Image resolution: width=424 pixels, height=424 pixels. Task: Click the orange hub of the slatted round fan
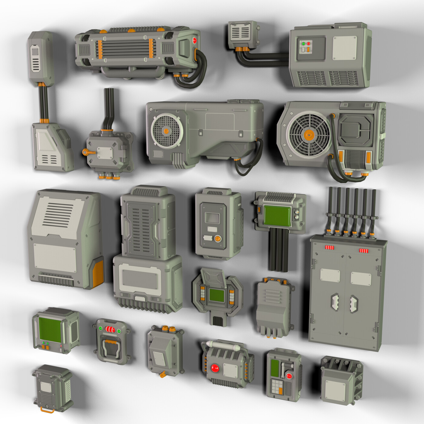(309, 135)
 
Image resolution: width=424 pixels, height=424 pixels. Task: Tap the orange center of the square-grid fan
(166, 131)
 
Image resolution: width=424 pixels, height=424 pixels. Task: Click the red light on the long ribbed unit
(195, 41)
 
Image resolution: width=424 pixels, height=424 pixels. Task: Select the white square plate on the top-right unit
(344, 48)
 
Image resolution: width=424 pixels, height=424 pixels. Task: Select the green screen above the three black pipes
(277, 215)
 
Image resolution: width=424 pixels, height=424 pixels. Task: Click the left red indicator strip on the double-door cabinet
(330, 248)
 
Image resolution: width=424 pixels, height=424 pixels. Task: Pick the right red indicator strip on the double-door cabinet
(364, 250)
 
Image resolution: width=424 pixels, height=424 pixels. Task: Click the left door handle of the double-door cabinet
(335, 301)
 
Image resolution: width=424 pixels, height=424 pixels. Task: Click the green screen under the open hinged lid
(217, 295)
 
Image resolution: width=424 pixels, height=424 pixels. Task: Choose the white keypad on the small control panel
(277, 387)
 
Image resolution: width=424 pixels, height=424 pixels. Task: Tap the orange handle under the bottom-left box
(48, 410)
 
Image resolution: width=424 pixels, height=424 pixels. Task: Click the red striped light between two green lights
(110, 329)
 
